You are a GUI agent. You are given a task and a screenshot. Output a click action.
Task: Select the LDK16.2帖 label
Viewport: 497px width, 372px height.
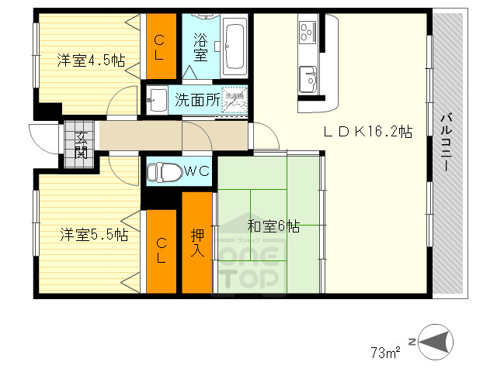pos(367,133)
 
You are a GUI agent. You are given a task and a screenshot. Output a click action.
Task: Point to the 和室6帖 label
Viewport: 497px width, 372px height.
pos(273,226)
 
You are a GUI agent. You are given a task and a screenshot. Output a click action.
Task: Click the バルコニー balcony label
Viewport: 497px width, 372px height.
pos(447,143)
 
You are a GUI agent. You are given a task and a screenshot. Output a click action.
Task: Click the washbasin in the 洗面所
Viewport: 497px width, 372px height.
pos(157,98)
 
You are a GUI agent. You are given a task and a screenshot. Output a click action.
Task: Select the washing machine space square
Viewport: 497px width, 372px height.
pos(234,100)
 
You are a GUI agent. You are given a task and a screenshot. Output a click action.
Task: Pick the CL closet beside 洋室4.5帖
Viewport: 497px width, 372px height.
pos(162,46)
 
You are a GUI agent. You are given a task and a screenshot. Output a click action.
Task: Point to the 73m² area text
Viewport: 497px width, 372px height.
pos(385,353)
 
